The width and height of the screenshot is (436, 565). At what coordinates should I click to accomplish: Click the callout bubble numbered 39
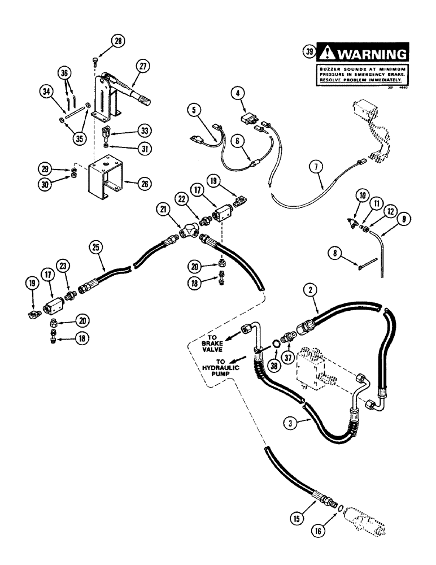click(x=309, y=53)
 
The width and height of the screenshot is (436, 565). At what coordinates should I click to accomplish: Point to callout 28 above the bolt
click(x=117, y=40)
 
